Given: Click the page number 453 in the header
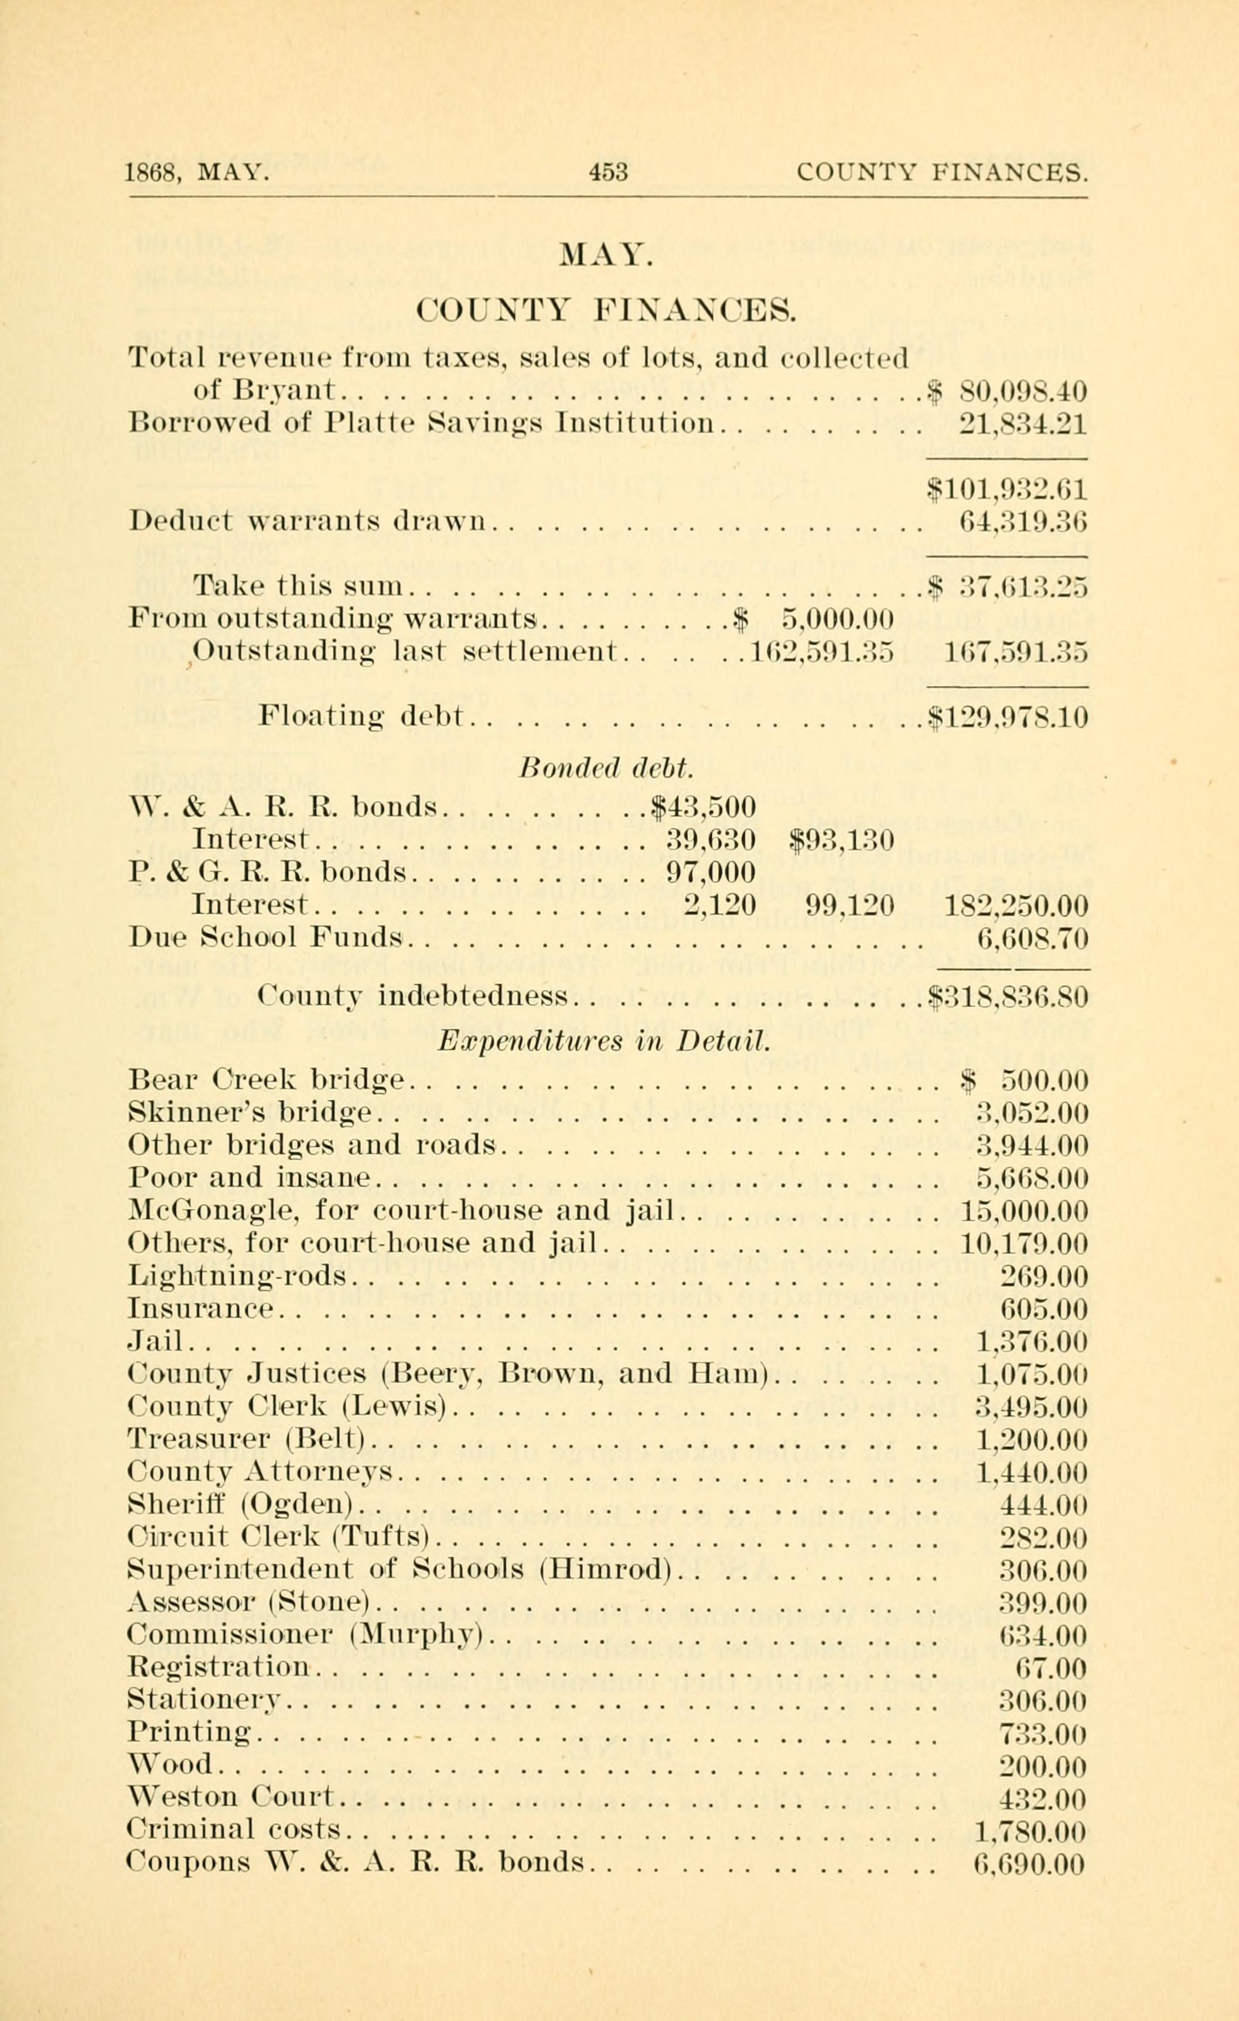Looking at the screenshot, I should [x=608, y=172].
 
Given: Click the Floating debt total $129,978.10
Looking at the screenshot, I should [x=1008, y=718].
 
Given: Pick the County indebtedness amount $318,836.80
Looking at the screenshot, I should [x=1008, y=998].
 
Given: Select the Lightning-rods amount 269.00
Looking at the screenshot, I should [x=1045, y=1276].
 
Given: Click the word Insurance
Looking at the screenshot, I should [x=200, y=1309].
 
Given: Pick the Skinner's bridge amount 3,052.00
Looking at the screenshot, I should [x=1032, y=1113].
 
